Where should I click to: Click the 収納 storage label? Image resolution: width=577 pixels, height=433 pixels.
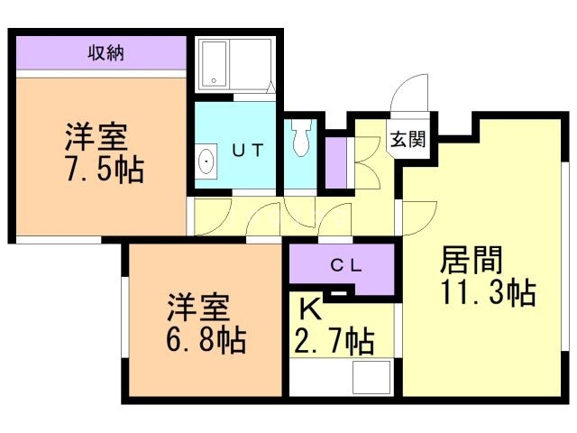(105, 53)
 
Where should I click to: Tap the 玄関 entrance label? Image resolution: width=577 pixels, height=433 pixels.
(408, 139)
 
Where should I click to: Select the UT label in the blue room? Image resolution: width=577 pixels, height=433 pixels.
(249, 151)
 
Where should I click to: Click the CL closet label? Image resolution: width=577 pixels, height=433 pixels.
(346, 265)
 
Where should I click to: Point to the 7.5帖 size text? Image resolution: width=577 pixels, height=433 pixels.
(105, 170)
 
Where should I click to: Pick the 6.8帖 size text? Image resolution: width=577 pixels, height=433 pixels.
(206, 339)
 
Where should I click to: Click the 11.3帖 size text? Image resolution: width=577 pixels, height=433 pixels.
(488, 292)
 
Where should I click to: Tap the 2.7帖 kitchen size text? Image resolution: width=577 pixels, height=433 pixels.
(334, 341)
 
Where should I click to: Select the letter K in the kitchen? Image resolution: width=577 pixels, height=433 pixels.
(310, 309)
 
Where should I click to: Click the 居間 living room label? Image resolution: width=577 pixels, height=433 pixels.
(472, 260)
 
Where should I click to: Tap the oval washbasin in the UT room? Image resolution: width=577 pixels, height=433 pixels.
(206, 161)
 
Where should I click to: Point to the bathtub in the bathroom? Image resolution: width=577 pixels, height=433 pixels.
(215, 64)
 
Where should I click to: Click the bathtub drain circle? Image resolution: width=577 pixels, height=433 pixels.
(214, 80)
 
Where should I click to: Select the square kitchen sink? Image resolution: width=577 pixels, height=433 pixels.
(371, 377)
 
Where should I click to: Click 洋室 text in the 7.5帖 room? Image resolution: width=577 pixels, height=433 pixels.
(96, 137)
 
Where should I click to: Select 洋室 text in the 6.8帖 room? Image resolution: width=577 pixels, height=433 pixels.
(198, 307)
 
